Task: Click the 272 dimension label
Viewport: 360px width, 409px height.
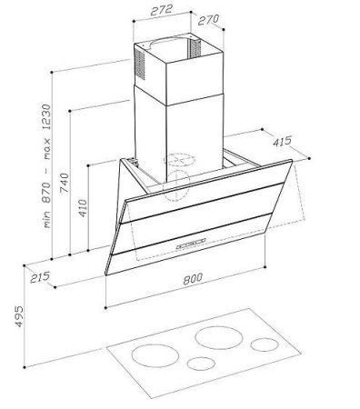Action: pyautogui.click(x=162, y=10)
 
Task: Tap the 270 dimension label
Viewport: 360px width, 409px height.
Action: pyautogui.click(x=208, y=20)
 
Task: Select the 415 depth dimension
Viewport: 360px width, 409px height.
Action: pyautogui.click(x=282, y=141)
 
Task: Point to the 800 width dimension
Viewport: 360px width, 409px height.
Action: pyautogui.click(x=193, y=279)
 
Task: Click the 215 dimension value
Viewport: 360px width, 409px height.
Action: pyautogui.click(x=40, y=277)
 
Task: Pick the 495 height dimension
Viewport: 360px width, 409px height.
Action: pyautogui.click(x=19, y=316)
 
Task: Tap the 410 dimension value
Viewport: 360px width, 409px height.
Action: pyautogui.click(x=83, y=208)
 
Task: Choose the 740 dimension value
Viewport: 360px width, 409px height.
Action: pyautogui.click(x=65, y=183)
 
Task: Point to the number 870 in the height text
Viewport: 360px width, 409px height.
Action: pyautogui.click(x=46, y=192)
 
